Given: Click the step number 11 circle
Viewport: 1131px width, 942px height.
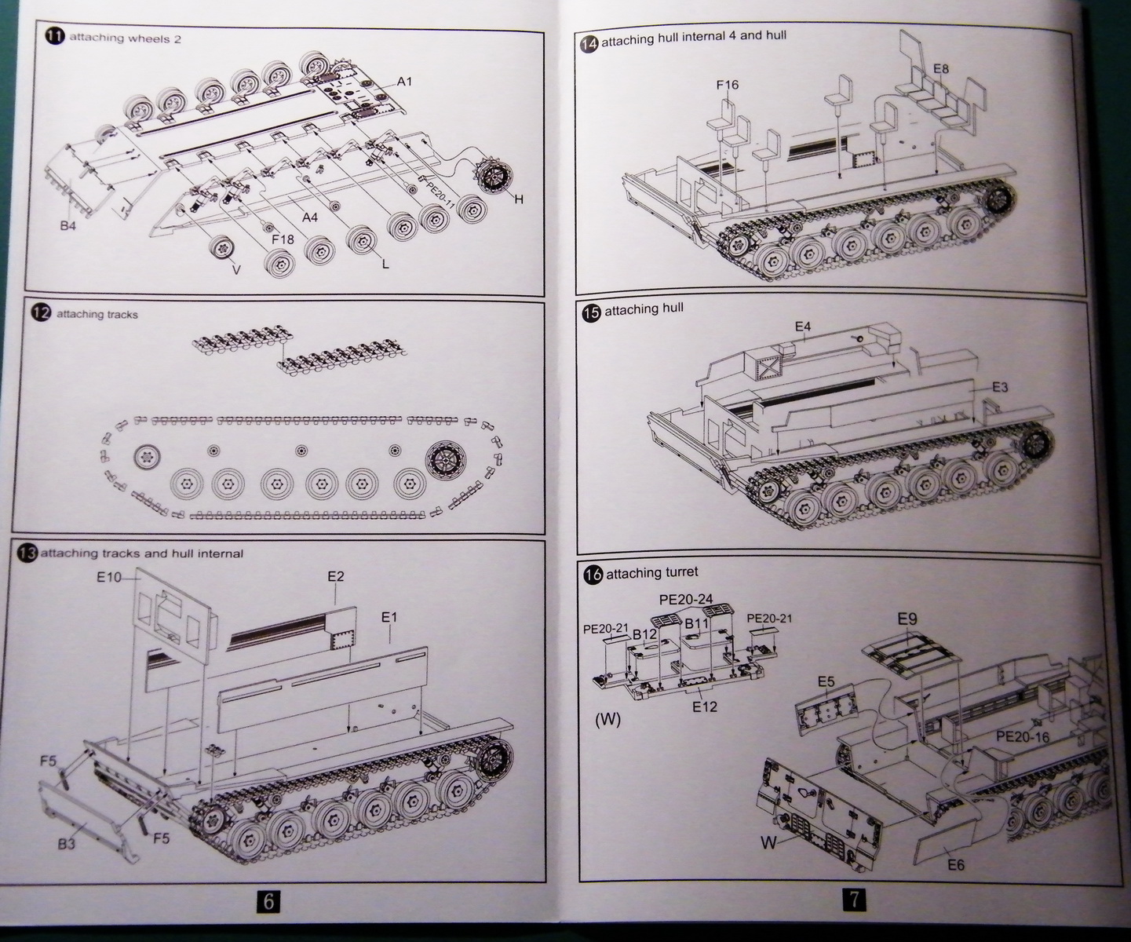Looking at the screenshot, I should (x=55, y=37).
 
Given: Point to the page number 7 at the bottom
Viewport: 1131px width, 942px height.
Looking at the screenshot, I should (x=852, y=899).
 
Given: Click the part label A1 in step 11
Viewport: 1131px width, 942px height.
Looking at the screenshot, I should (x=404, y=82).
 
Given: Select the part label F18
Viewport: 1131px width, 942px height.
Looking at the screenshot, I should (x=283, y=239).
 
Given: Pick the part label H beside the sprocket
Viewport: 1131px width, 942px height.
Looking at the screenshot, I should (x=517, y=199).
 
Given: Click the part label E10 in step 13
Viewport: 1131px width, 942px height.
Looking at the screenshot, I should (x=110, y=577).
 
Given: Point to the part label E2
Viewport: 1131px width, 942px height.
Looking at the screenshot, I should (x=335, y=576).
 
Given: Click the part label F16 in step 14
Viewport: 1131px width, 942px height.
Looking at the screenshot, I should (x=727, y=85).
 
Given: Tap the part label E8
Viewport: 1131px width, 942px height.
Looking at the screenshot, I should (x=940, y=69).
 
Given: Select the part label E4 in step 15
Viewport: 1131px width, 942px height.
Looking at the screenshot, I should (x=802, y=326).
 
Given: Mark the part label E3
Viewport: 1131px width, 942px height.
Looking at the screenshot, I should (x=999, y=387).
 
